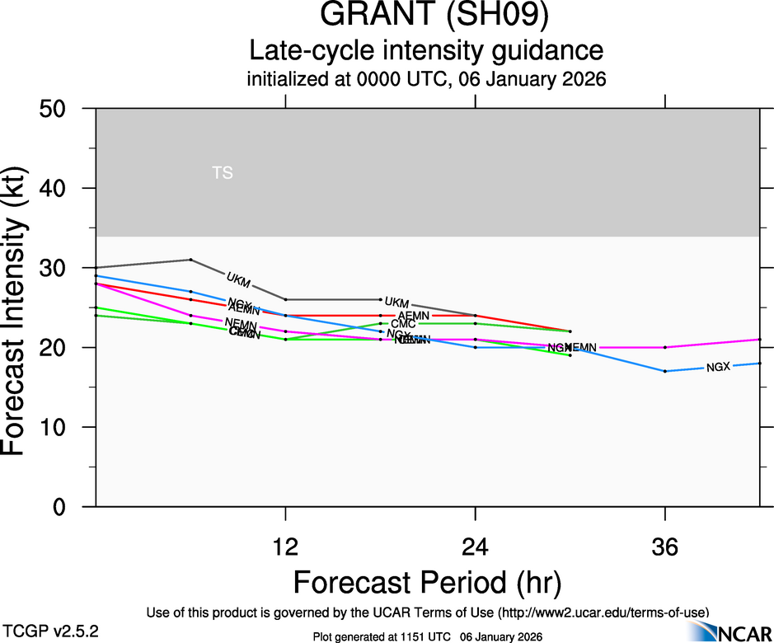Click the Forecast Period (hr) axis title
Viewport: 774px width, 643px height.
(427, 583)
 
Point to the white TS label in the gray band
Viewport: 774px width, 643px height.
(223, 173)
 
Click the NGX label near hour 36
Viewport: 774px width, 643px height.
(718, 367)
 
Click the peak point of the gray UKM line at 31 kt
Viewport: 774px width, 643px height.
(190, 260)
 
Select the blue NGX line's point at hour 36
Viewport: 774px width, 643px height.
(664, 371)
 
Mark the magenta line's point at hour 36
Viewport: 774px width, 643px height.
(664, 347)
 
